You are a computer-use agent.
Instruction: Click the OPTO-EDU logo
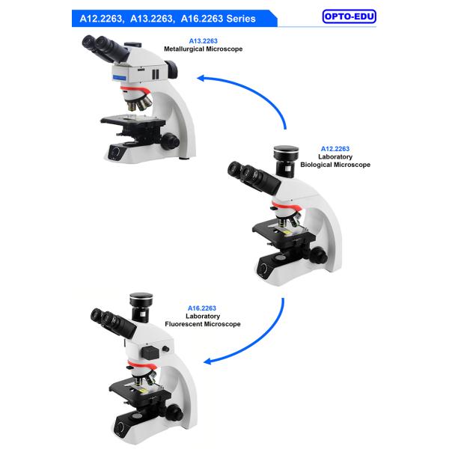point(349,16)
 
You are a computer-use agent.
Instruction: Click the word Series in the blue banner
point(241,19)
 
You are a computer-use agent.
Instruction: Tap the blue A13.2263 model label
point(203,41)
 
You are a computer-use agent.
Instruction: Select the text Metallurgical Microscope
point(203,49)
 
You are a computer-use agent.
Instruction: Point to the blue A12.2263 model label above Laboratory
point(335,149)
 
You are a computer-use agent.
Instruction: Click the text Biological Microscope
point(335,165)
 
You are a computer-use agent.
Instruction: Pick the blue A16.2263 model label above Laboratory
point(202,308)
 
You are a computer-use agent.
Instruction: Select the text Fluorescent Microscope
point(203,324)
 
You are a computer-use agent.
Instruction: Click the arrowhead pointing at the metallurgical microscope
point(201,78)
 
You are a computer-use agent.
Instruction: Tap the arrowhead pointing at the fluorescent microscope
point(207,361)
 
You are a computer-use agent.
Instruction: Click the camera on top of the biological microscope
point(286,161)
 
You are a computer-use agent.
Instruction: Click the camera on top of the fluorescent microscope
point(141,307)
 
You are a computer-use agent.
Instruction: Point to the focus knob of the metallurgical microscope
point(170,141)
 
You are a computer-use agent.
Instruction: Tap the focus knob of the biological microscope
point(318,255)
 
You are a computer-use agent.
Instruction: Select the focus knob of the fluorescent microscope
point(174,412)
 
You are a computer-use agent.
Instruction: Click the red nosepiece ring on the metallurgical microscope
point(135,90)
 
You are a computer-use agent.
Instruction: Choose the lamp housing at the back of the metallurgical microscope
point(171,69)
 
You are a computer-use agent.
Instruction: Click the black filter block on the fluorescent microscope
point(150,352)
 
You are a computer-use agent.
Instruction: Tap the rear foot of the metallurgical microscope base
point(184,158)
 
